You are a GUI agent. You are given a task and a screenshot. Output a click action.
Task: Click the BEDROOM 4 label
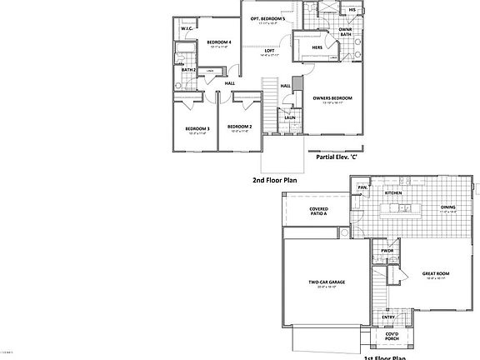[218, 42]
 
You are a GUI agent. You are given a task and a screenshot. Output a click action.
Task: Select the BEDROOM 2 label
[240, 127]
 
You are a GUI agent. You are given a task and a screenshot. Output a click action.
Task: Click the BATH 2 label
[188, 70]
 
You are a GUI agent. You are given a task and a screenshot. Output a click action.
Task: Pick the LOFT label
[269, 51]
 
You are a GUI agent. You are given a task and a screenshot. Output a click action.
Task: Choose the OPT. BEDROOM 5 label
[268, 18]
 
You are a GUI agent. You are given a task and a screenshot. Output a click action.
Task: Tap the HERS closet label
[317, 47]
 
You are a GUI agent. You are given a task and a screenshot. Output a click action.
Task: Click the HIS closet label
[352, 9]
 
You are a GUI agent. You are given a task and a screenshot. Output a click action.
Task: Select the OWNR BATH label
[345, 32]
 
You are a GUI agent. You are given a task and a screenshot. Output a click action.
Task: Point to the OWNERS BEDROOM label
[332, 98]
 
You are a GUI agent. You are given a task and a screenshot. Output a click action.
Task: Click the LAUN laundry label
[289, 117]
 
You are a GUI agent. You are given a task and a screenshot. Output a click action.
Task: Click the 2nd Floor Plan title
[274, 179]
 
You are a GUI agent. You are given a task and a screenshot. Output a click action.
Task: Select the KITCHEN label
[392, 192]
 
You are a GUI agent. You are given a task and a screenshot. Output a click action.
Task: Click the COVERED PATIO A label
[318, 212]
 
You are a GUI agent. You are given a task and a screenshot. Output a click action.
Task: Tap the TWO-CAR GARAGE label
[327, 282]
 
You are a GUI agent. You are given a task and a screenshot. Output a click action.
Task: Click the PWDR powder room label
[387, 251]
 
